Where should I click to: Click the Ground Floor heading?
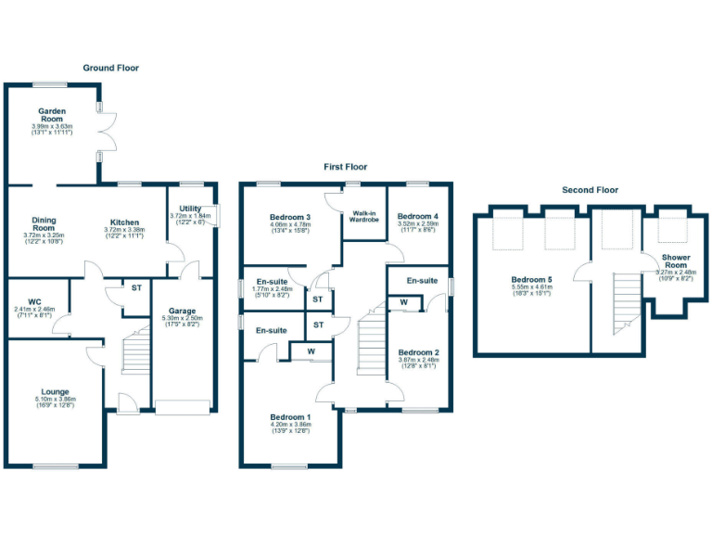[110, 68]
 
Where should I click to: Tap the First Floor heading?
[345, 167]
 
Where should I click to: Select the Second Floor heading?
[590, 190]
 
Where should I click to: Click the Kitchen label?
[125, 222]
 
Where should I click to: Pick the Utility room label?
[190, 210]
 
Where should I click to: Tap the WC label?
[35, 301]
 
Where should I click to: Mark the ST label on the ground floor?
[135, 288]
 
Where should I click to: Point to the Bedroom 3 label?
[290, 217]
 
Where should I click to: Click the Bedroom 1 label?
[290, 416]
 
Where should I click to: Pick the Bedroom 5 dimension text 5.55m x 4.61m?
[531, 286]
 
